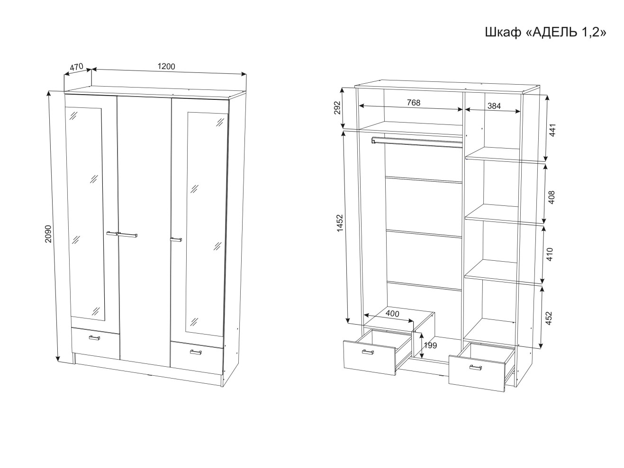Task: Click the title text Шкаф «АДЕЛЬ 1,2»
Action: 545,32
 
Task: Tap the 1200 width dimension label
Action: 166,66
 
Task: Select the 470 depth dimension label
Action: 76,67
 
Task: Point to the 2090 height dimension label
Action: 48,234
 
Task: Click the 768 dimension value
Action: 413,103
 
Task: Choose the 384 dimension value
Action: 494,106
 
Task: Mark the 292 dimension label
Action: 337,107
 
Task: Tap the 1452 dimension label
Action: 340,223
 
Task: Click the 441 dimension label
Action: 552,130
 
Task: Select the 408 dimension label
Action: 551,197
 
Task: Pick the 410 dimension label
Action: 550,255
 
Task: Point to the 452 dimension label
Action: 549,318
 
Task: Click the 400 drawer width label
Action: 392,314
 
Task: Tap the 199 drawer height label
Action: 430,345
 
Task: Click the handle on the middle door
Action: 127,235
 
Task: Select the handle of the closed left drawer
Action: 94,337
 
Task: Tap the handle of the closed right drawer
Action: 196,352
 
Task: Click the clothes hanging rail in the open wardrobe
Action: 417,142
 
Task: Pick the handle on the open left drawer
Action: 368,352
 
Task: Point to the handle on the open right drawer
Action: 475,368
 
